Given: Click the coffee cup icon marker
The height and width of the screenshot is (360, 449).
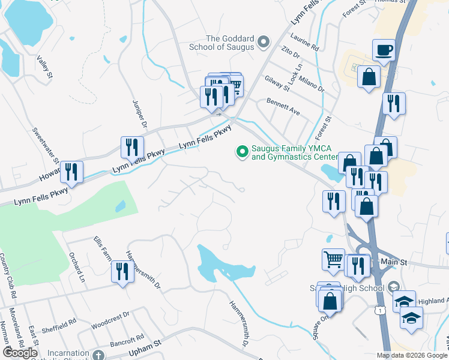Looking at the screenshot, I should [x=383, y=50].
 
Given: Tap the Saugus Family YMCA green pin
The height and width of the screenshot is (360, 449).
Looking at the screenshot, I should [x=243, y=152].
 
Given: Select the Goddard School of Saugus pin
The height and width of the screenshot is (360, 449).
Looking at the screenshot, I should [x=263, y=42].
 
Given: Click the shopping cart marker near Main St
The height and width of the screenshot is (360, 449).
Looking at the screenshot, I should [x=333, y=260].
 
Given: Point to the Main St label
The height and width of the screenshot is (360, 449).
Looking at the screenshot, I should [x=394, y=263].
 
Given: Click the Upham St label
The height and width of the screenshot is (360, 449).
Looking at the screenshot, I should [x=149, y=343].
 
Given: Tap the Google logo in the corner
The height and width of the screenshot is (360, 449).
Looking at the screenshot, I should [x=20, y=353].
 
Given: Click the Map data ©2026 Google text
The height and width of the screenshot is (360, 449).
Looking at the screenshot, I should [x=412, y=355].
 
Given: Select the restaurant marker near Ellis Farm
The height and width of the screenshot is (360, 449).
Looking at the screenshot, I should [x=121, y=272].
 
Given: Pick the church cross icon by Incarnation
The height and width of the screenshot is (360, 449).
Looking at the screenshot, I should [x=98, y=355].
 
